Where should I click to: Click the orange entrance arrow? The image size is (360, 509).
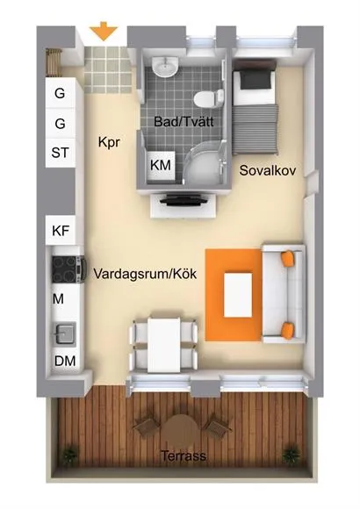(104, 31)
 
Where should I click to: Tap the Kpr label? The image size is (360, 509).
(109, 142)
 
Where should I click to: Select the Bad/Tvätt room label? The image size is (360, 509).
(184, 121)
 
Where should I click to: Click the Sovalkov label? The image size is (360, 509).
(268, 170)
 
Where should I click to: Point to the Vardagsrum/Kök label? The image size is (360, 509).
(145, 274)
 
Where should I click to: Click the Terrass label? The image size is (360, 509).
(184, 456)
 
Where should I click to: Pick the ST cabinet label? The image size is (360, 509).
(60, 153)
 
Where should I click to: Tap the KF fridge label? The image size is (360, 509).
(61, 231)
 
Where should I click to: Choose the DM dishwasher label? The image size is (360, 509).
(65, 361)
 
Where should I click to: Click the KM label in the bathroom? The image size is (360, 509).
(161, 165)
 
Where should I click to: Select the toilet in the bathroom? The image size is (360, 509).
(209, 98)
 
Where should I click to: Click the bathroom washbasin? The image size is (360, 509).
(165, 67)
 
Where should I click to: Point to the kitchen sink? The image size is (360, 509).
(66, 333)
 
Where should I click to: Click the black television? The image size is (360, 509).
(184, 199)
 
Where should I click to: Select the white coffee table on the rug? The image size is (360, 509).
(238, 295)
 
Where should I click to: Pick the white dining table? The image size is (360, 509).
(163, 345)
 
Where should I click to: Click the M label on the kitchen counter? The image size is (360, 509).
(58, 298)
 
